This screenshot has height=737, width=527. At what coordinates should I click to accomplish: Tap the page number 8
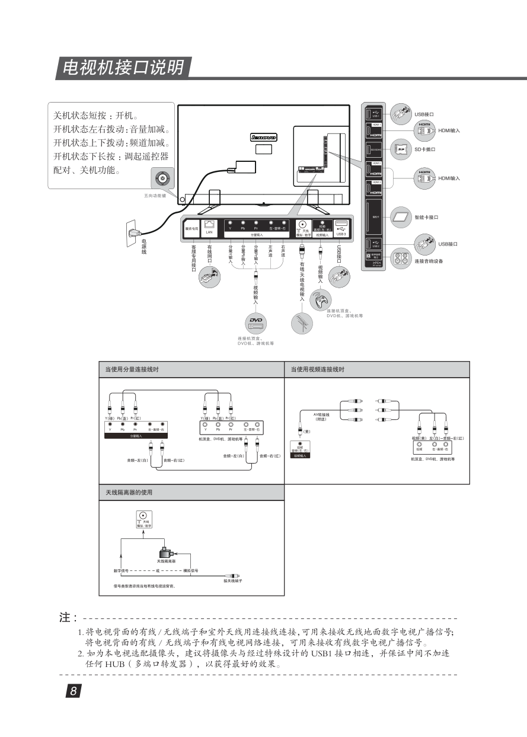72,691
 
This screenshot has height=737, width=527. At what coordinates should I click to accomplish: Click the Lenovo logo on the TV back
264,136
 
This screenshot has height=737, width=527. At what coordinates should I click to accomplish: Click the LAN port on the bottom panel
209,225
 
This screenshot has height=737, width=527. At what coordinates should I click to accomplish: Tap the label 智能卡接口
426,217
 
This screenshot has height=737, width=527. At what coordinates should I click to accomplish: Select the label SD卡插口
424,148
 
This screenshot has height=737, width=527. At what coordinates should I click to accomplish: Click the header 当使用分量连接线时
132,369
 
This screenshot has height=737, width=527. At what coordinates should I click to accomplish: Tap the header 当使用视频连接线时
318,369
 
